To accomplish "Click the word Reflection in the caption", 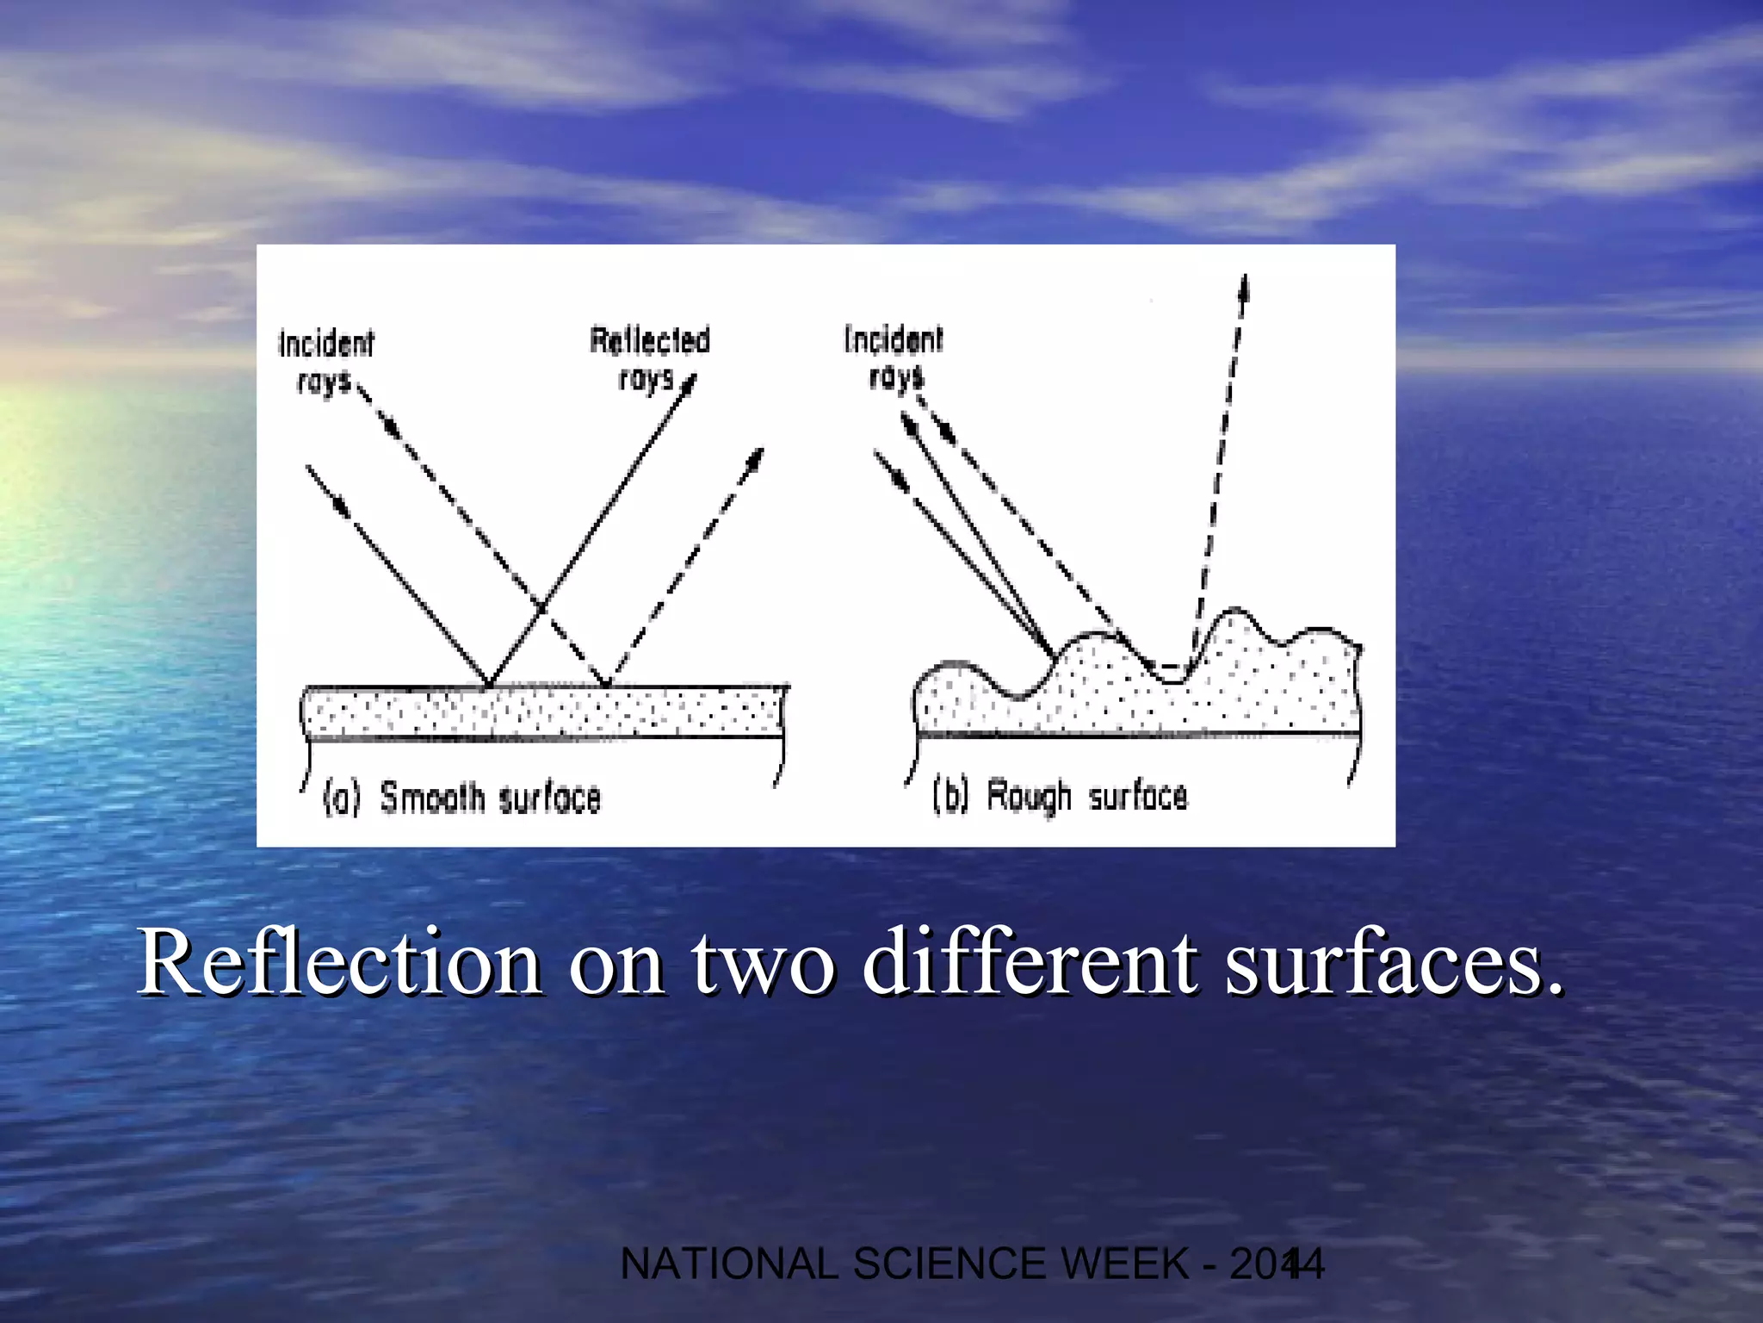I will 340,962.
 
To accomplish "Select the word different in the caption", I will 1030,962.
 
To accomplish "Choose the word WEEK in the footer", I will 1124,1264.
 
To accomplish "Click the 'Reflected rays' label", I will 649,358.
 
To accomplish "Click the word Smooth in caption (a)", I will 432,797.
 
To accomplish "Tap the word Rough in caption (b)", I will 1029,795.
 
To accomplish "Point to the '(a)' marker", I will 341,798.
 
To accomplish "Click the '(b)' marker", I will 950,795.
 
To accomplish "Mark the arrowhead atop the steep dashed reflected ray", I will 1243,289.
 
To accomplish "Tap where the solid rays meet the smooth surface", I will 489,685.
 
